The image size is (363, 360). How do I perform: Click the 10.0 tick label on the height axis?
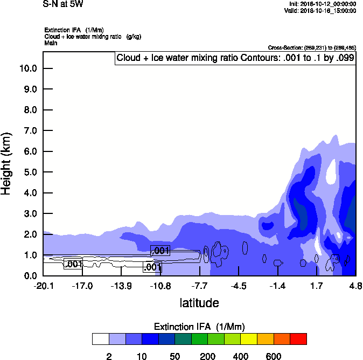click(27, 68)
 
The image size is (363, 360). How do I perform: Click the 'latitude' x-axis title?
click(199, 303)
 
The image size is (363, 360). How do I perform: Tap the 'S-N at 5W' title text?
click(63, 4)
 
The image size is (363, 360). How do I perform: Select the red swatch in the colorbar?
click(298, 339)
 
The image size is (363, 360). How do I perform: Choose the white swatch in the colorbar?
click(100, 339)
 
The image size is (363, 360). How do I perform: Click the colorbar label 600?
click(274, 356)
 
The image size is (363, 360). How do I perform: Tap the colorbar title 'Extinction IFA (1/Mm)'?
click(199, 327)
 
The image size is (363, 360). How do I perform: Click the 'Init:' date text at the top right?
click(322, 4)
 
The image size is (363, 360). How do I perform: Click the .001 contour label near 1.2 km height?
click(160, 251)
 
